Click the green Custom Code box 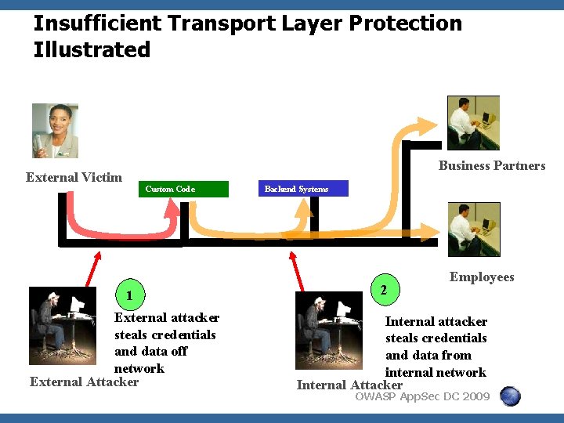click(185, 189)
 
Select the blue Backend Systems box click(302, 189)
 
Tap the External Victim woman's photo click(55, 131)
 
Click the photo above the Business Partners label click(473, 122)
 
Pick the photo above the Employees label click(473, 229)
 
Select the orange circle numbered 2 click(382, 290)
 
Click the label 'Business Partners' click(492, 165)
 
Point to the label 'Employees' click(482, 277)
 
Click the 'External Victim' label click(74, 177)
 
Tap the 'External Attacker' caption click(84, 382)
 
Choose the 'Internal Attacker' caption click(349, 385)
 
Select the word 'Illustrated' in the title click(92, 50)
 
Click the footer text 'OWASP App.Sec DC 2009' click(422, 396)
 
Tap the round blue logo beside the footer click(510, 396)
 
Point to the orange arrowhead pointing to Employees click(431, 230)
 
